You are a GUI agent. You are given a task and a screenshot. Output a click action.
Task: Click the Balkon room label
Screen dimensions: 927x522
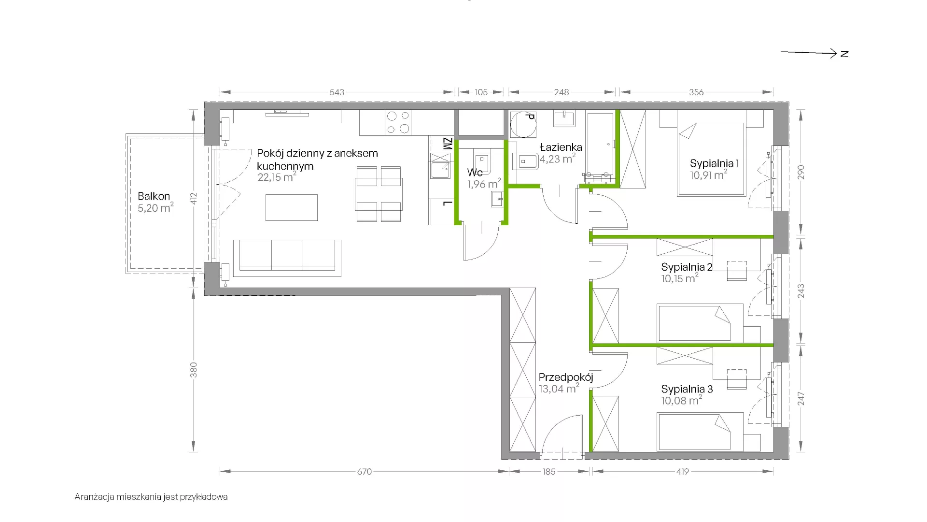coord(154,196)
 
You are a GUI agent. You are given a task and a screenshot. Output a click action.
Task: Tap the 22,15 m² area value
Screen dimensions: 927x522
coord(277,177)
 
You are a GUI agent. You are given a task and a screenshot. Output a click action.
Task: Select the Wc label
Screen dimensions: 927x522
coord(475,173)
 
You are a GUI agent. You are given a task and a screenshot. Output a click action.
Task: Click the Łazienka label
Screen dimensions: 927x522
coord(561,147)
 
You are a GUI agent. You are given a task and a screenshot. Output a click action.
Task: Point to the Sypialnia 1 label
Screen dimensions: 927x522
coord(714,163)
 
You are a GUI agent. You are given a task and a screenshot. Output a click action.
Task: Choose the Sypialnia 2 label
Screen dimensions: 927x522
coord(687,267)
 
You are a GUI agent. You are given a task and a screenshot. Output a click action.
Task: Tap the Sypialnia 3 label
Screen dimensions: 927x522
coord(687,389)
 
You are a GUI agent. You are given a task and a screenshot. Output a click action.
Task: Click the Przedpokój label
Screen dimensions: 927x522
coord(566,377)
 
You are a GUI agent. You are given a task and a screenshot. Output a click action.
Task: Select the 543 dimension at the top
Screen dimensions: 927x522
coord(337,92)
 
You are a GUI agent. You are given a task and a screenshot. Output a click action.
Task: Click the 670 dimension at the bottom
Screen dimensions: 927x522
coord(365,471)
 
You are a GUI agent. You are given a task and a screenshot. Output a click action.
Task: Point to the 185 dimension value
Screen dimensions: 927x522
coord(549,471)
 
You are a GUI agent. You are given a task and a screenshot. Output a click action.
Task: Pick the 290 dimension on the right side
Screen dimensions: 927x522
coord(801,173)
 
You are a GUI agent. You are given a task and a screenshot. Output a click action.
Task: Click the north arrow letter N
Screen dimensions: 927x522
coord(844,54)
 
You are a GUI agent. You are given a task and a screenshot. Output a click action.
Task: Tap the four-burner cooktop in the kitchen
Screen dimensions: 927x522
coord(398,122)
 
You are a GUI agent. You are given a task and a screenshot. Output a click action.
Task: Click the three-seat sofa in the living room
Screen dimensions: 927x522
coord(287,258)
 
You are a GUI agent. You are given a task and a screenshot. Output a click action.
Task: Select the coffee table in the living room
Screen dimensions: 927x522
coord(292,207)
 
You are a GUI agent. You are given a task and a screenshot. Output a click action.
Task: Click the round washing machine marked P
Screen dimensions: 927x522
coord(523,125)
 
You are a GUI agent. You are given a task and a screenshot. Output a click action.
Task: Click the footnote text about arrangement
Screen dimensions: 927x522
coord(151,497)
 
